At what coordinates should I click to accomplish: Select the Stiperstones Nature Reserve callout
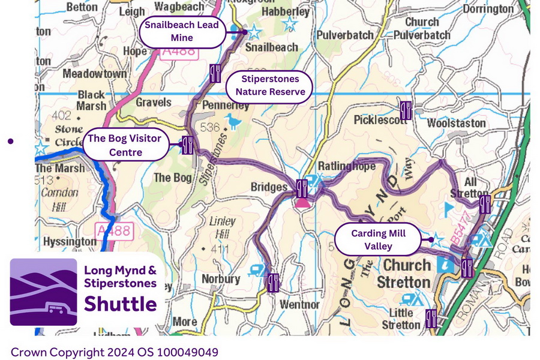[270, 86]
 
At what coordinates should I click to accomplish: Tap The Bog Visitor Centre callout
[124, 145]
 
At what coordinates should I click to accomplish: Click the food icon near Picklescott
[406, 110]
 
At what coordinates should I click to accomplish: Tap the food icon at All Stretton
[485, 204]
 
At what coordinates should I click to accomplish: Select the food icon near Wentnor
[273, 282]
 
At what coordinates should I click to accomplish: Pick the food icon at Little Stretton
[431, 318]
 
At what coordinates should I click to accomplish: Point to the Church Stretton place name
[407, 273]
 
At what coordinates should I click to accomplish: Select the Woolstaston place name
[456, 123]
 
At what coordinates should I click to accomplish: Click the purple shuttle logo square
[43, 292]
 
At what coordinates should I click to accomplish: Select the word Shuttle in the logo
[120, 304]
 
